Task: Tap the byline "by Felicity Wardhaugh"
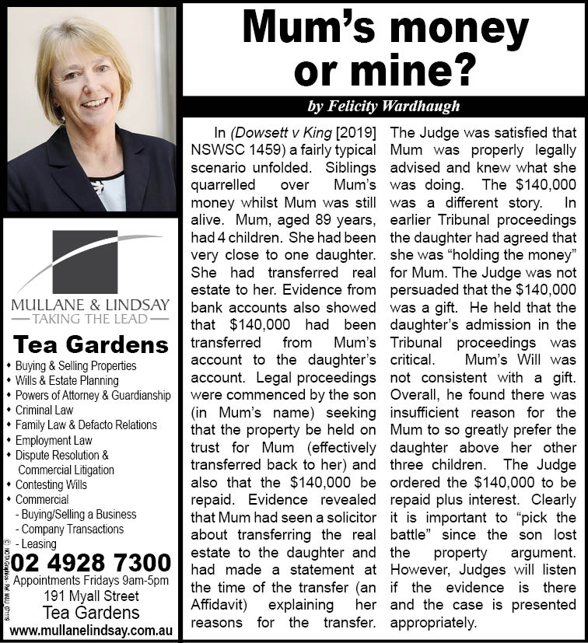(383, 106)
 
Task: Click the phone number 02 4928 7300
(92, 561)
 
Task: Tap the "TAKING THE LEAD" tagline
(91, 317)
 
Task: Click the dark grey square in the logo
(85, 260)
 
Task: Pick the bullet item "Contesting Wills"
(51, 484)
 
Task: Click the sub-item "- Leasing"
(35, 544)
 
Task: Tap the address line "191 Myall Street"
(91, 596)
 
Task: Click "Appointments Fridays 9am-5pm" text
(91, 580)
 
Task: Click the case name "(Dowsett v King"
(274, 131)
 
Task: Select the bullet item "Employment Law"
(55, 440)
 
